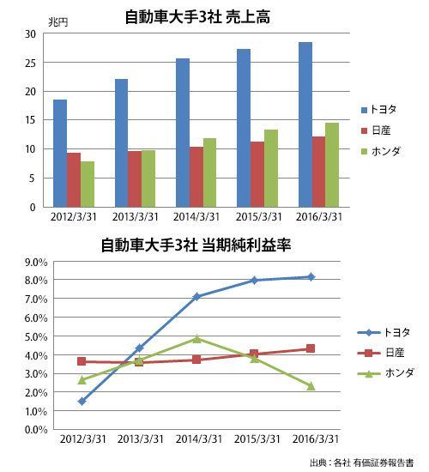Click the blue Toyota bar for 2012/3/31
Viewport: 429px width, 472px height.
click(60, 154)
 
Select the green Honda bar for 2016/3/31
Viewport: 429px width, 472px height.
click(332, 165)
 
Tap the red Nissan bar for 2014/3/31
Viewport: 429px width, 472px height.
click(196, 177)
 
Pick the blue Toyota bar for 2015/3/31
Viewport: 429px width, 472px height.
click(244, 128)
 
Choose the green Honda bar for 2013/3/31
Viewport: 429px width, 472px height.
click(148, 179)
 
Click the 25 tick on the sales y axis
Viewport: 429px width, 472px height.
click(30, 64)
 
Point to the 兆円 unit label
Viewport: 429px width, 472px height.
click(58, 22)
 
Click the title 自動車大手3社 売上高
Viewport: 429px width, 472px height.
click(197, 17)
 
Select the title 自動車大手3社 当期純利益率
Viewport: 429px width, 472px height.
click(196, 245)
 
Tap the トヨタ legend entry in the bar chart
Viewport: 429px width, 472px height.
click(378, 109)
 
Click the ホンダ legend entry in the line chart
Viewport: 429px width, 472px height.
click(386, 373)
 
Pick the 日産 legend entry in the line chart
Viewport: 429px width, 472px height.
click(381, 353)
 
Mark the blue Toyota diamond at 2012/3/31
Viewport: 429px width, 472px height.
click(82, 402)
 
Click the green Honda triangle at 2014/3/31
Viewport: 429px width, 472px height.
click(196, 339)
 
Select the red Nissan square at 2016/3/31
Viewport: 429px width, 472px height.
click(311, 348)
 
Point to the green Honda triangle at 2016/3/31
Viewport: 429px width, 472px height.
click(311, 386)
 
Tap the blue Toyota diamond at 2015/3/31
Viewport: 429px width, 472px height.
click(254, 281)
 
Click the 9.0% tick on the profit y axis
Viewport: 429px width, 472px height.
click(36, 263)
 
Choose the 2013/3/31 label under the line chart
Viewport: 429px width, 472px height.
click(141, 439)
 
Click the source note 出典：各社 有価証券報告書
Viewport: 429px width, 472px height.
click(361, 463)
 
